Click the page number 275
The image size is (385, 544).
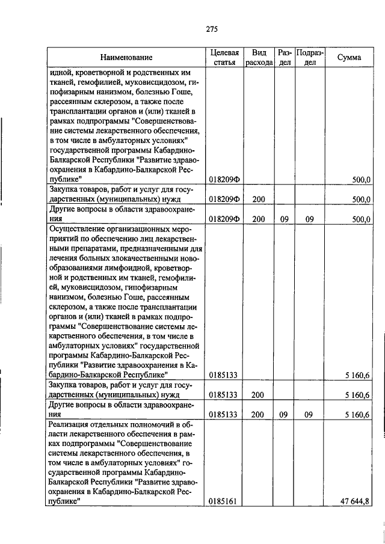coord(211,29)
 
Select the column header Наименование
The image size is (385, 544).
coord(126,58)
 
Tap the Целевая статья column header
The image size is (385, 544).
coord(224,58)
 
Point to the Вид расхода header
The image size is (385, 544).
coord(259,58)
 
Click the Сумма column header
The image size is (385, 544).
coord(349,58)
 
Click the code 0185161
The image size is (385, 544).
coord(223,500)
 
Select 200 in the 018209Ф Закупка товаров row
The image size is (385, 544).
coord(259,200)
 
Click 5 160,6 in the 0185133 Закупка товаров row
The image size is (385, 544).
coord(357,395)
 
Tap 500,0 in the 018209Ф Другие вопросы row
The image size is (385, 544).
coord(360,219)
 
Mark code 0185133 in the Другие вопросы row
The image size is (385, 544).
coord(223,415)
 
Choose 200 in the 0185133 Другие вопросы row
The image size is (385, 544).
coord(259,415)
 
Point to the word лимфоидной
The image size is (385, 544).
coord(126,267)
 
